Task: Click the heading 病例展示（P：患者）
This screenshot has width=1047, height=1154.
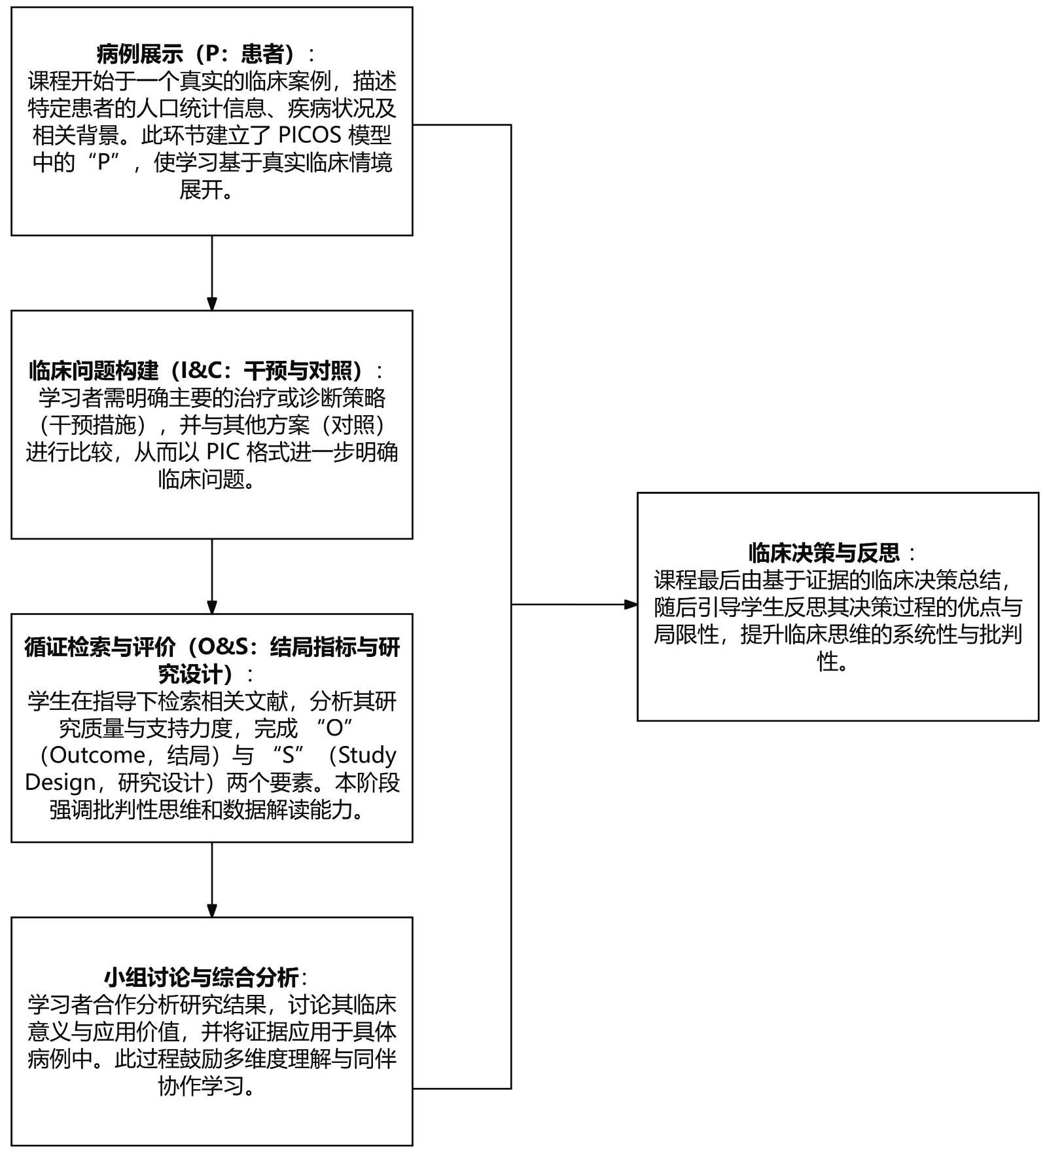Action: (x=196, y=54)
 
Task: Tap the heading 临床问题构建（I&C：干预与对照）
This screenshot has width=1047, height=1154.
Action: (x=196, y=371)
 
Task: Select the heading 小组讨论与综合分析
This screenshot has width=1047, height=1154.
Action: (x=201, y=978)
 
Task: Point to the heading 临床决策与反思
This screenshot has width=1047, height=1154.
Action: (x=825, y=553)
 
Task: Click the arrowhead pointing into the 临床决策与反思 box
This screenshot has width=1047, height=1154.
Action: (x=631, y=605)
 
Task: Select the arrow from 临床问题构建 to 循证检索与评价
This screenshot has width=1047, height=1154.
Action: (x=212, y=576)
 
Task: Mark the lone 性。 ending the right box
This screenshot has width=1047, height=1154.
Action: (x=832, y=661)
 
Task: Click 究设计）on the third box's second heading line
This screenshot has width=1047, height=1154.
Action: (x=196, y=674)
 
